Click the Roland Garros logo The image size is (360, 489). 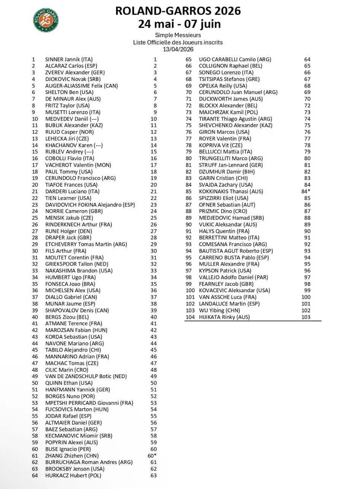pyautogui.click(x=46, y=19)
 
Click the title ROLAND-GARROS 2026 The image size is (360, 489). pyautogui.click(x=178, y=11)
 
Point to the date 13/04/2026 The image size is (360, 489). pyautogui.click(x=178, y=49)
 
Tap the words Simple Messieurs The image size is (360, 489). pyautogui.click(x=178, y=35)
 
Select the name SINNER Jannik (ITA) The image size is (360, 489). pyautogui.click(x=67, y=59)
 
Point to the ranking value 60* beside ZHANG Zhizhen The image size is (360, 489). pyautogui.click(x=152, y=456)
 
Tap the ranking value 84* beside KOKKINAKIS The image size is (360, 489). pyautogui.click(x=306, y=191)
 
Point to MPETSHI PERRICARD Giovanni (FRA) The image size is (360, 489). pyautogui.click(x=89, y=403)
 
